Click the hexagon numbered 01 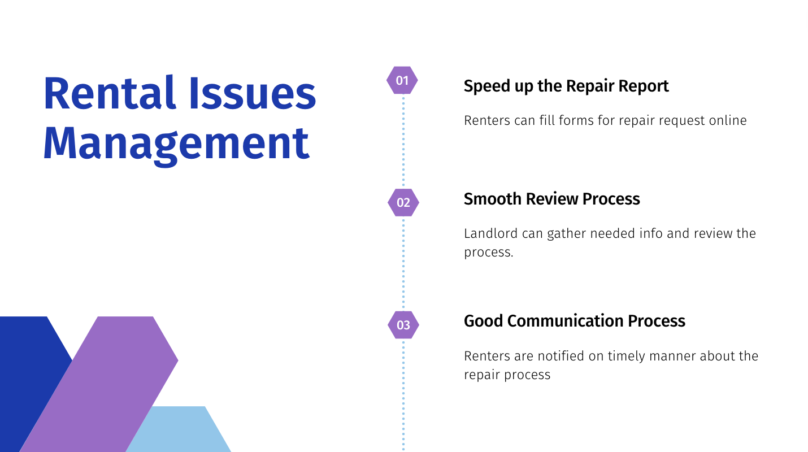click(x=402, y=80)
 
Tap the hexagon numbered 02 click(x=403, y=202)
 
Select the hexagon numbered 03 click(x=403, y=325)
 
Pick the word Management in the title click(x=177, y=144)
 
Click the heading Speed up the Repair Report click(x=566, y=86)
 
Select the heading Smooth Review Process click(x=551, y=199)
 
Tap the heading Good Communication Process click(x=574, y=321)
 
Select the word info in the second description click(x=651, y=233)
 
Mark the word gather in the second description click(x=567, y=234)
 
